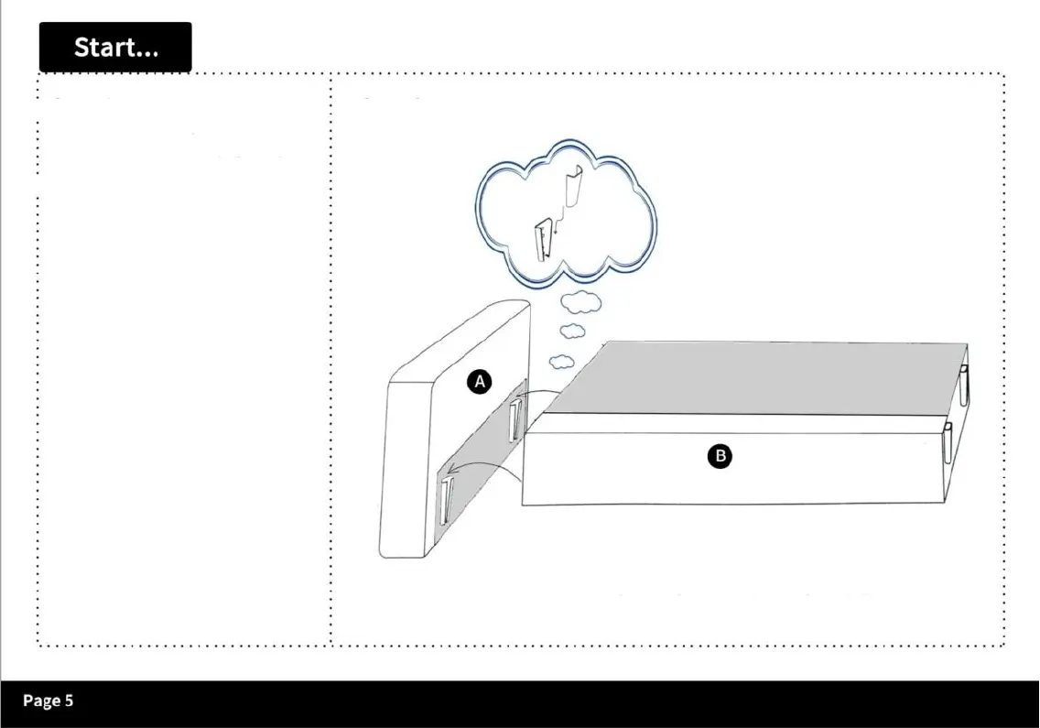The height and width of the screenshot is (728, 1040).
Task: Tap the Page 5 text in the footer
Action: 48,701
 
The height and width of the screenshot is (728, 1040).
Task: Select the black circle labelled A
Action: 480,382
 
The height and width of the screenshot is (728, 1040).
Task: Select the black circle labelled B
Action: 720,455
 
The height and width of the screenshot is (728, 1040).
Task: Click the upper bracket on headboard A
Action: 515,418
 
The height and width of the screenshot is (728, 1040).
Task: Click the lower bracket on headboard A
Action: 446,501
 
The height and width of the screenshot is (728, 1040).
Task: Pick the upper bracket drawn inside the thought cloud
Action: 574,188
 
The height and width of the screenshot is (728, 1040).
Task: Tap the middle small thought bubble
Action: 572,331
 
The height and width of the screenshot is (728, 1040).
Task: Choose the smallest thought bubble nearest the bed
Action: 562,361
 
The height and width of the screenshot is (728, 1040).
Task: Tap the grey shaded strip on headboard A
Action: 485,440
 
